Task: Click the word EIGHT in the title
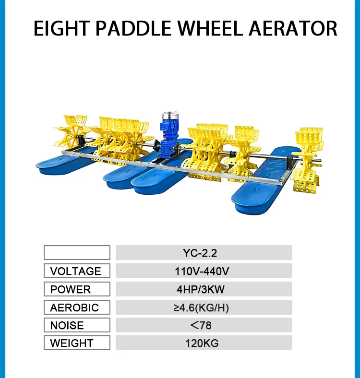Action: pos(61,28)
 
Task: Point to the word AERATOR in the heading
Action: pos(293,28)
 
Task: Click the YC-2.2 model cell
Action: pos(204,253)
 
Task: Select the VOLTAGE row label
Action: pos(77,271)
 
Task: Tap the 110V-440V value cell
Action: pos(204,271)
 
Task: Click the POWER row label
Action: pos(77,289)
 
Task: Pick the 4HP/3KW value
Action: pos(201,289)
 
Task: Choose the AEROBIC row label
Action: pos(77,307)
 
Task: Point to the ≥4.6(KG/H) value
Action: pos(201,307)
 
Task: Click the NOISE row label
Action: pos(77,325)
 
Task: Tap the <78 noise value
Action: pos(201,325)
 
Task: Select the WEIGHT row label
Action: pos(77,343)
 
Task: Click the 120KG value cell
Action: pos(204,343)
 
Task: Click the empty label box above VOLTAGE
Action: pos(77,252)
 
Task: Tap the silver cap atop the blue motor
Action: pos(170,116)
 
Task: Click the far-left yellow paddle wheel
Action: pos(72,131)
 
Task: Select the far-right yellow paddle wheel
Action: pos(308,160)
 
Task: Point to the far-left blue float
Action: pos(65,164)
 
